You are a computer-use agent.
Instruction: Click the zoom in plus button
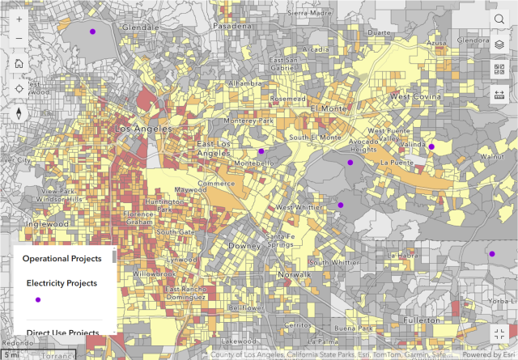(x=19, y=19)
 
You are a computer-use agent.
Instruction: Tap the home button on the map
(x=19, y=63)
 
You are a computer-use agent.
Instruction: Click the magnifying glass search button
(x=499, y=19)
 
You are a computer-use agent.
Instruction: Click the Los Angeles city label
(x=144, y=129)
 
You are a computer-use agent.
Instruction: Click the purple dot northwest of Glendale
(x=93, y=32)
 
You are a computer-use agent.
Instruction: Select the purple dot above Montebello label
(x=261, y=151)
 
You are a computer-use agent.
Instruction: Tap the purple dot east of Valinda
(x=431, y=147)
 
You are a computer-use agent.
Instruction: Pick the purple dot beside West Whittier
(x=341, y=205)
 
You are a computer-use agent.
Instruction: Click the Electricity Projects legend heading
(x=62, y=283)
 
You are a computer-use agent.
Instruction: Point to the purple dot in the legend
(x=37, y=299)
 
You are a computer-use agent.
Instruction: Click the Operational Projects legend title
(x=62, y=259)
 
